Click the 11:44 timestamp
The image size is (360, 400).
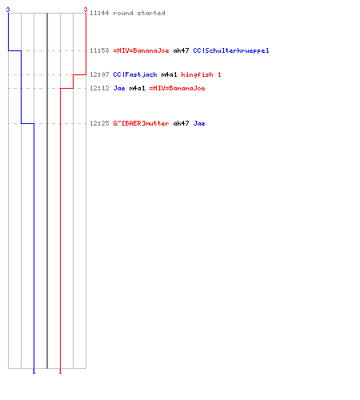point(99,13)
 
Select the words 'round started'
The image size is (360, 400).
point(139,13)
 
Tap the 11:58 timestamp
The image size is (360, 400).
point(99,50)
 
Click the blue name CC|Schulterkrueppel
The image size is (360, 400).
point(231,50)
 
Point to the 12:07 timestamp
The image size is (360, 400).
point(99,74)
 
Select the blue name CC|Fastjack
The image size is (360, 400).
point(135,74)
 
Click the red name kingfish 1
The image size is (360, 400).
point(201,74)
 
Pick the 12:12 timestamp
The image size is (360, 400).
point(99,88)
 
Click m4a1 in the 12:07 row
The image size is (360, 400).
point(169,74)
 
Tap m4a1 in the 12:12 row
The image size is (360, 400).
point(137,88)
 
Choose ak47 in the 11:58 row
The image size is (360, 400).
point(181,50)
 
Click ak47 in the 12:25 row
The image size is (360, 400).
point(181,123)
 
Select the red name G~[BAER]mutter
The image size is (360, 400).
point(141,123)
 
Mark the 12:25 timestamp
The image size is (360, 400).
point(99,123)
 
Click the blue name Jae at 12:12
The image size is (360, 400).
point(119,88)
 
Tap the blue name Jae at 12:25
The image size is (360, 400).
point(199,123)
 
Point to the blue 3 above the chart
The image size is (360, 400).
point(8,10)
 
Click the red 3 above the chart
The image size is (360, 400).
point(86,10)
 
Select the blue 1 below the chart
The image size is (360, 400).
point(34,371)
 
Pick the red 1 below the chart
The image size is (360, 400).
point(60,371)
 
